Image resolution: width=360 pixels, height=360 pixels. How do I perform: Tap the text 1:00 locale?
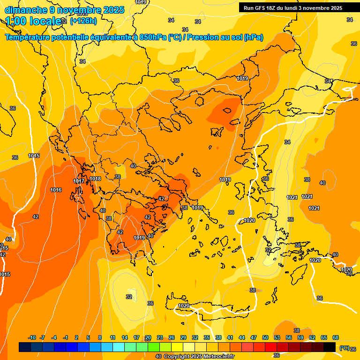coord(32,21)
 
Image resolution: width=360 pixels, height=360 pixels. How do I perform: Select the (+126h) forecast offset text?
coord(83,21)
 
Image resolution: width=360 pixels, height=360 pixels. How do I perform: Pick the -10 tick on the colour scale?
coord(32,338)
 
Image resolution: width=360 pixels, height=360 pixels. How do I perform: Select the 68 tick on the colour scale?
coord(336,338)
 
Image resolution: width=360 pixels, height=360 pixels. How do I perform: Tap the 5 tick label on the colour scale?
coord(88,338)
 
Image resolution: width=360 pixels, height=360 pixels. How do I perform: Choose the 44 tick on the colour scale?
coord(242,338)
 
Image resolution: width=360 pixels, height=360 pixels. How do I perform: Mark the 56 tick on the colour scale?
coord(289,338)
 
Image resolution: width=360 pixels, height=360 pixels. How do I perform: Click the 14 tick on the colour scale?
coord(125,338)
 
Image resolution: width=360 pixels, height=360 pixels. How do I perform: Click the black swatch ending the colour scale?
coord(330,347)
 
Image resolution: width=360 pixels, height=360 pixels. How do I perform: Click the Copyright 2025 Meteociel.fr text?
coord(199,357)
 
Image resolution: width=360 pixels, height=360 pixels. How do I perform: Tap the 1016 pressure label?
coord(56,190)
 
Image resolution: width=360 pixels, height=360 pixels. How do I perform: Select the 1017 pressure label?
coord(79,181)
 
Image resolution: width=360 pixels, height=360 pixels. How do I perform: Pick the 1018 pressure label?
coord(95,179)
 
